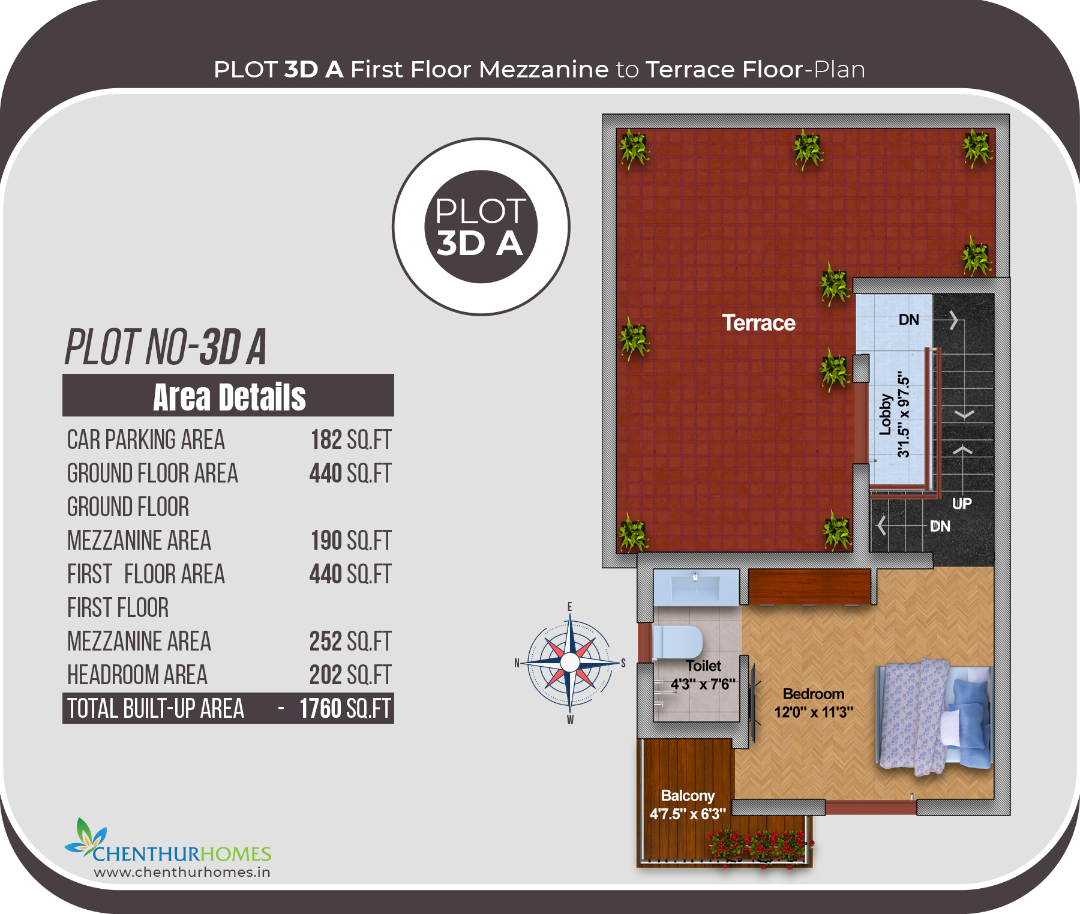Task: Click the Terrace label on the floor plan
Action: (758, 323)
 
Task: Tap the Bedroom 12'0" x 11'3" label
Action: (814, 703)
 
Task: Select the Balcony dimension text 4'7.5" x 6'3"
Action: (688, 814)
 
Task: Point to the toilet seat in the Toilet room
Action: (677, 642)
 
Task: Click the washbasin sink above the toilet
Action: (696, 587)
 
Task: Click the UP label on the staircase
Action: (962, 504)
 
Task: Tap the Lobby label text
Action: (885, 414)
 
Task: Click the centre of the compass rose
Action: (569, 663)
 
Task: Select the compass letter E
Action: (569, 607)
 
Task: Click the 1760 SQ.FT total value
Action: (345, 709)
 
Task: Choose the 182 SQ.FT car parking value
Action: (351, 440)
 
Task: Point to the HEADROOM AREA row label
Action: (137, 675)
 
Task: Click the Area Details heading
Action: (229, 397)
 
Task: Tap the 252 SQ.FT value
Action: (350, 642)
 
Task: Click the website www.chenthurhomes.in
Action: (182, 872)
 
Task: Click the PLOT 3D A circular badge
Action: (481, 227)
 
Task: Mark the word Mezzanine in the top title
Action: (544, 70)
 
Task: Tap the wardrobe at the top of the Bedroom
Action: (809, 587)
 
